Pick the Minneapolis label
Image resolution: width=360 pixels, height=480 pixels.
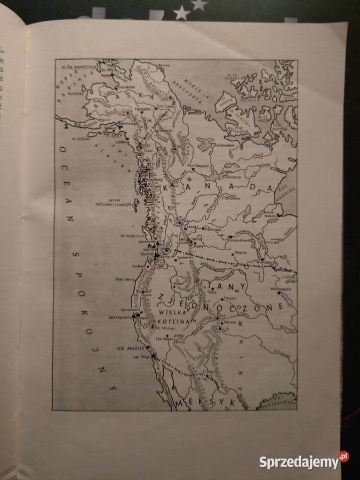pyautogui.click(x=281, y=289)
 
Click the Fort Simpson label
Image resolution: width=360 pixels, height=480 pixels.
pyautogui.click(x=200, y=166)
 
